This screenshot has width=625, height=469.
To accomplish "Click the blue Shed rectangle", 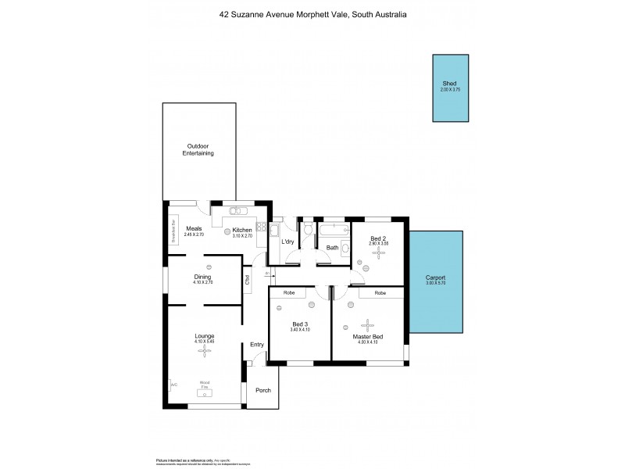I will (452, 88).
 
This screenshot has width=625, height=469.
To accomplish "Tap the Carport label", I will (435, 278).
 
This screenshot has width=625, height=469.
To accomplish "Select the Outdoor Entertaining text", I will (198, 149).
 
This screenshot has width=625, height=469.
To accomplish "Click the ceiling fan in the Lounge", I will (204, 352).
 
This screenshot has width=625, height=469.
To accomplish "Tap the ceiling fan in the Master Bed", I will (366, 325).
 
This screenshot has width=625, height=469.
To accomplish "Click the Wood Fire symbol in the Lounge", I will (204, 388).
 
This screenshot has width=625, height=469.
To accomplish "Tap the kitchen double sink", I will (238, 211).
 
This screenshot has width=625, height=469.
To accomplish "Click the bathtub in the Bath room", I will (334, 230).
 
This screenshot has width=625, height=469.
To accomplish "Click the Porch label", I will (262, 390).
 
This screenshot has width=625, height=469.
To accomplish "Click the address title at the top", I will (312, 14).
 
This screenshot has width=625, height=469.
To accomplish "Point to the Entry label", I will (257, 345).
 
